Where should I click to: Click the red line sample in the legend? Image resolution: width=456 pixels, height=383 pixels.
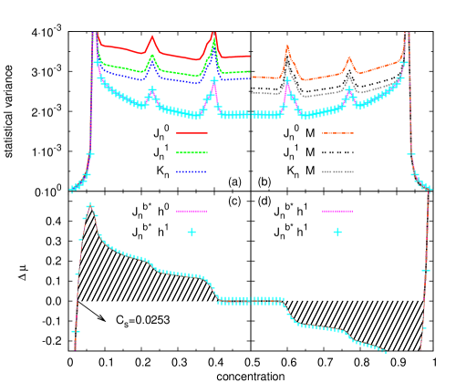(192, 133)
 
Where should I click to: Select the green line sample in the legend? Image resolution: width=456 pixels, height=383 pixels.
(192, 152)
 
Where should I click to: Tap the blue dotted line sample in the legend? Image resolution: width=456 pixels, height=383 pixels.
(192, 171)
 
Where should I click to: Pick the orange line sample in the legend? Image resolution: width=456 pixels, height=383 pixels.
(337, 133)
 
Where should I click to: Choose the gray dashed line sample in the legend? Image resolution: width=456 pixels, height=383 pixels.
(337, 171)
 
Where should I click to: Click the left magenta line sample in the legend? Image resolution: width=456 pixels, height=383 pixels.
(192, 211)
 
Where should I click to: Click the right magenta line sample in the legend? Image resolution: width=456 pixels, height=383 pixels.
(337, 211)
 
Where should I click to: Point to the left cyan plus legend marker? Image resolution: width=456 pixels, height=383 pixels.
(192, 232)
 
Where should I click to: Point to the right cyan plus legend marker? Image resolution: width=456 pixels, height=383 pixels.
(337, 232)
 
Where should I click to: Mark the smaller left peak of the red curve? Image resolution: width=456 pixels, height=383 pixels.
(152, 36)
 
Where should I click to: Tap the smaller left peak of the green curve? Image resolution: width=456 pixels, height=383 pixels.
(152, 56)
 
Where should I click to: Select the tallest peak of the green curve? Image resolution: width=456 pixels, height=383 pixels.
(214, 40)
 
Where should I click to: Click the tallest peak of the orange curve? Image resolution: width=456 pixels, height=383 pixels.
(287, 47)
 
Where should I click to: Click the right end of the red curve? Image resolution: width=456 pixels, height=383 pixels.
(248, 56)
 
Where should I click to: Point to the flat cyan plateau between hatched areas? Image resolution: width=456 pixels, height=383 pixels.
(251, 300)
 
